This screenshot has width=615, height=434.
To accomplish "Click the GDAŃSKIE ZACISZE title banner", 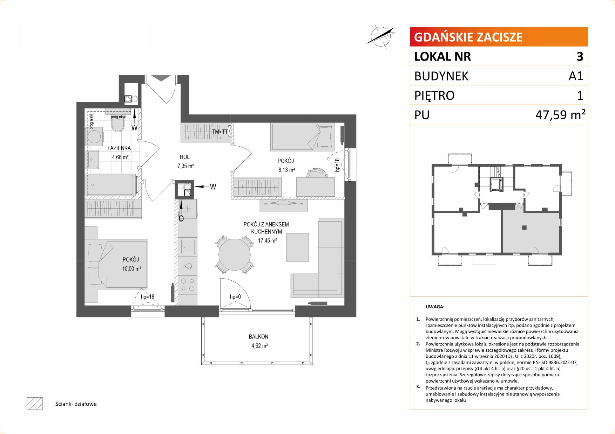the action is pyautogui.click(x=499, y=37).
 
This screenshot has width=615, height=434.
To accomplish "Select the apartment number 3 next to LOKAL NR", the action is pyautogui.click(x=580, y=56).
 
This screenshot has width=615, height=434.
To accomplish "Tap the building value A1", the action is pyautogui.click(x=576, y=76).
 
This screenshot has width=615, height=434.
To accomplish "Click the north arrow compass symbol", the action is pyautogui.click(x=381, y=36).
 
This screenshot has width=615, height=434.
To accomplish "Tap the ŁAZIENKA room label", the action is pyautogui.click(x=119, y=148).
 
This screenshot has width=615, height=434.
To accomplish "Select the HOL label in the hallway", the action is pyautogui.click(x=184, y=157).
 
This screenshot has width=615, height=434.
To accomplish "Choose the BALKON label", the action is pyautogui.click(x=258, y=337).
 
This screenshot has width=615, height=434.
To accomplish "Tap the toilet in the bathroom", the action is pyautogui.click(x=117, y=123).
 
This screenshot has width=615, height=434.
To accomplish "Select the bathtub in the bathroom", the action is pyautogui.click(x=111, y=184).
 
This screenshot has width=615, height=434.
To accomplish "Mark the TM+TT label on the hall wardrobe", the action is pyautogui.click(x=220, y=132).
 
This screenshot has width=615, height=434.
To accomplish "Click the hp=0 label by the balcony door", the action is pyautogui.click(x=236, y=297).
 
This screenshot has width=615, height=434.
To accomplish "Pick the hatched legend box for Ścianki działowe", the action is pyautogui.click(x=34, y=404).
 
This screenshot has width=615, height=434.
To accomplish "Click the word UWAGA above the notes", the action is pyautogui.click(x=435, y=307).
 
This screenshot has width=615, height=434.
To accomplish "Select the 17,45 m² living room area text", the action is pyautogui.click(x=268, y=240).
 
